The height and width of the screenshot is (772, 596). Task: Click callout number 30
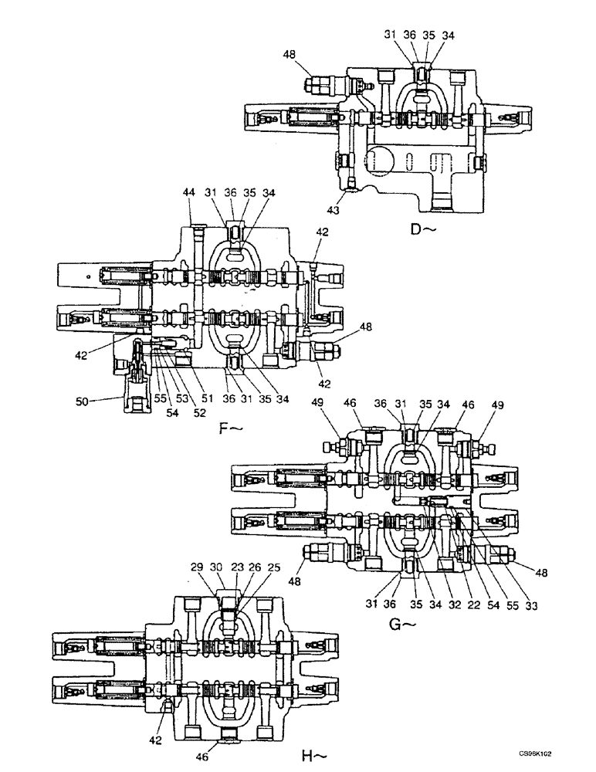(x=218, y=567)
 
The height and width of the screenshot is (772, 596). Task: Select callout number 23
(x=237, y=567)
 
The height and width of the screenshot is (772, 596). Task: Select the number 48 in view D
(x=291, y=56)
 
